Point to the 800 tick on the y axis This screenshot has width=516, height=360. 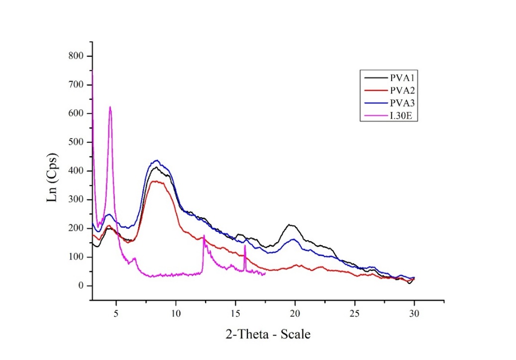[x=79, y=56]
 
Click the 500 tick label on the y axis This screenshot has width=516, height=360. [x=79, y=142]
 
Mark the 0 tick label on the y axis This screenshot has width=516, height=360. [x=83, y=286]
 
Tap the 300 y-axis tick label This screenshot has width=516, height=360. [x=79, y=200]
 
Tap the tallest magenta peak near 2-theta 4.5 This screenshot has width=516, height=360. [x=110, y=107]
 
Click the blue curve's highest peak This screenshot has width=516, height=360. [x=157, y=161]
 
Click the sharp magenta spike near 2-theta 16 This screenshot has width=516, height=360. [x=245, y=246]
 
